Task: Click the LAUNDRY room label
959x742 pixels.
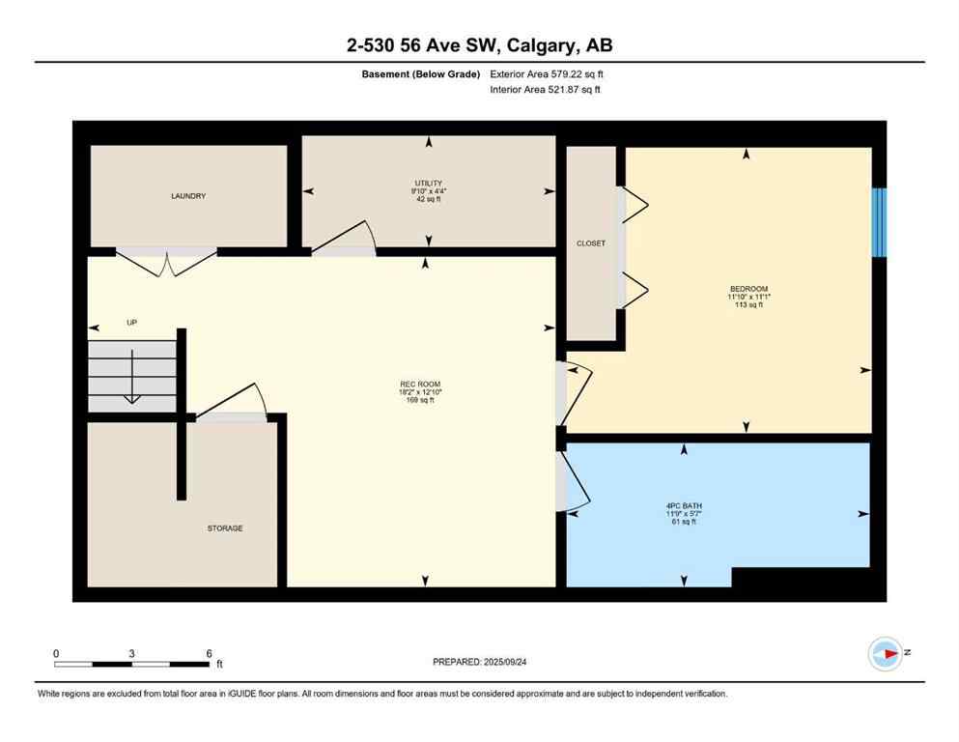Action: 188,196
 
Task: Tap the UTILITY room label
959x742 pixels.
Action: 429,183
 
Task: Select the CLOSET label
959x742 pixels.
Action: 590,243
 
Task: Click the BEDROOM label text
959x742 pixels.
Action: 748,290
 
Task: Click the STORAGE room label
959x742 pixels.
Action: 225,528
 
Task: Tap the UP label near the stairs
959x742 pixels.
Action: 132,323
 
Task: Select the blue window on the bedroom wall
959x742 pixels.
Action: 879,222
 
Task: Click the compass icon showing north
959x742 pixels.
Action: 885,654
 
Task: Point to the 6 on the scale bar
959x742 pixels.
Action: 209,653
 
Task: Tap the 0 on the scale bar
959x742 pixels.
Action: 56,653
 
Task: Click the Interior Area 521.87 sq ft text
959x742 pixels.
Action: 546,90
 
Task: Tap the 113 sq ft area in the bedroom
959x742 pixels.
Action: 748,304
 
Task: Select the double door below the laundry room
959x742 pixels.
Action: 166,259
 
